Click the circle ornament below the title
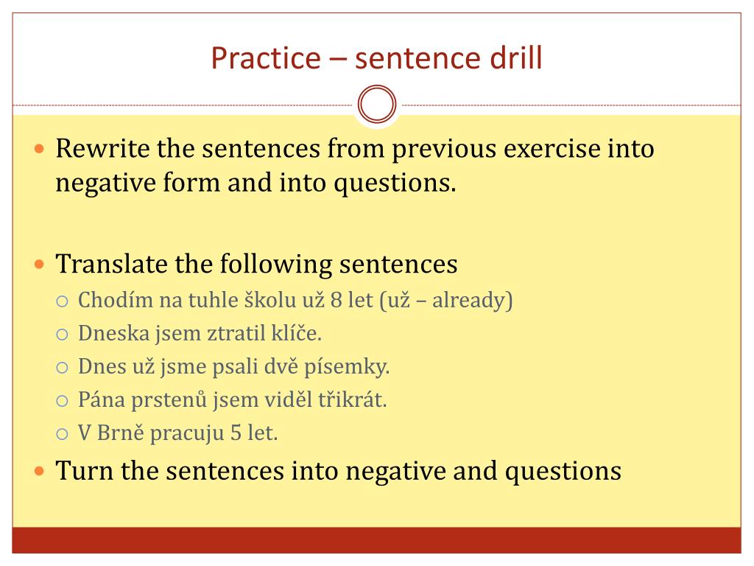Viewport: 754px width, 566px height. click(377, 105)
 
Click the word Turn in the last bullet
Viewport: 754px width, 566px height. click(85, 470)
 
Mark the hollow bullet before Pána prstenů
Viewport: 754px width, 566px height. click(63, 401)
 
